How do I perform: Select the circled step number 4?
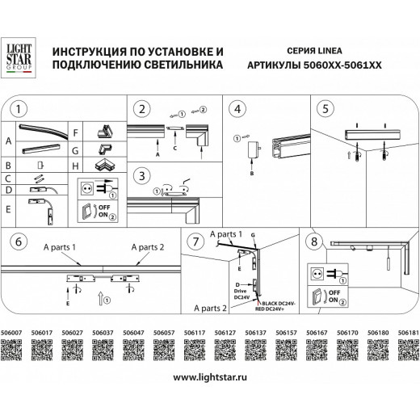(237, 108)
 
